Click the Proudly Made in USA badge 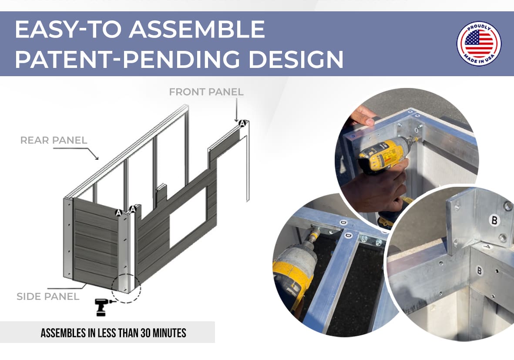(479, 44)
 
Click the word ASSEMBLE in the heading (197, 29)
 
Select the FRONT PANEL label (206, 92)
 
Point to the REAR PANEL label (54, 140)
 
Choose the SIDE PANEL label (48, 297)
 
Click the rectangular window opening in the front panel (188, 217)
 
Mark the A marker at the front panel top (242, 124)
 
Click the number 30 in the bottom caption (145, 333)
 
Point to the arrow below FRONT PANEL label (236, 110)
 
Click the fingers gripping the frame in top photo (363, 116)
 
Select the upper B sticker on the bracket (494, 220)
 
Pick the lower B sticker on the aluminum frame (479, 271)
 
